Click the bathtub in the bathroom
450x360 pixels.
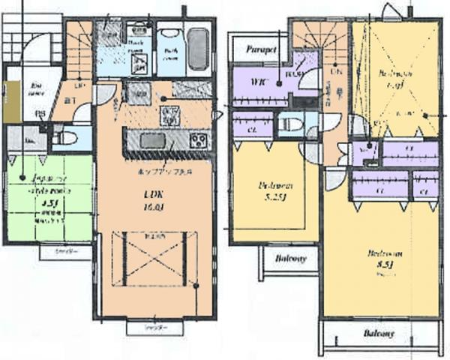coord(197,49)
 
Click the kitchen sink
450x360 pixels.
coord(152,139)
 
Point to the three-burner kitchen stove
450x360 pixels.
coord(198,139)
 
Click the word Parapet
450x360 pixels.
coord(261,49)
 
